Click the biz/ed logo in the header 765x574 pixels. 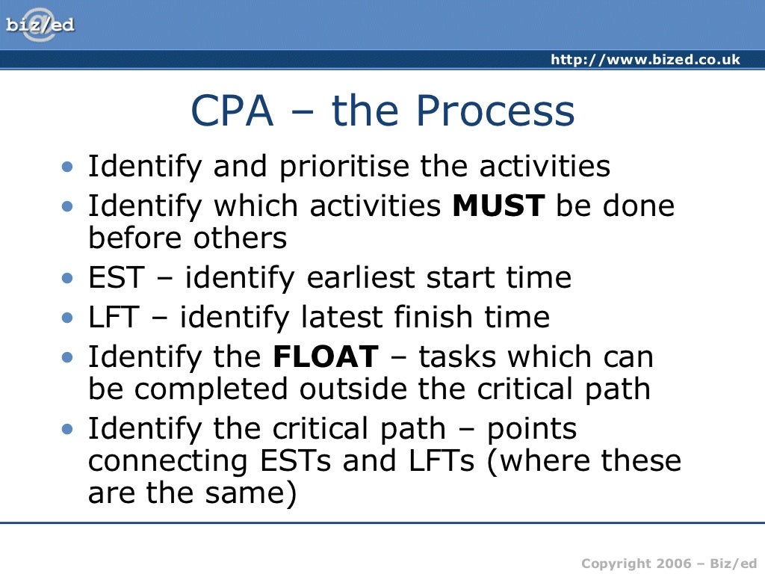point(40,25)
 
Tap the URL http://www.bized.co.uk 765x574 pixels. point(645,60)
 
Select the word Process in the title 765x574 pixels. point(495,111)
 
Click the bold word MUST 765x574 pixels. point(500,206)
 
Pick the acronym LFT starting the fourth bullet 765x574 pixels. point(114,318)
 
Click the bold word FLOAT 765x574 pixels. point(326,357)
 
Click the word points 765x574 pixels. point(532,430)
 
